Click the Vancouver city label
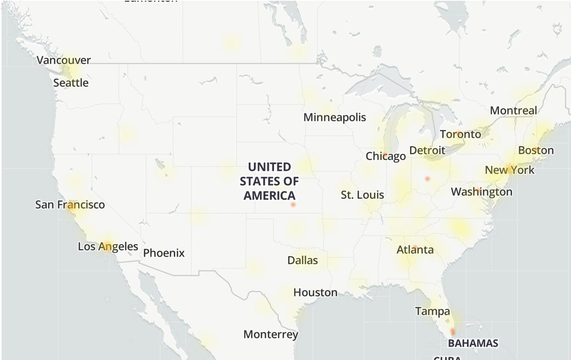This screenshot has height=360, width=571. click(64, 60)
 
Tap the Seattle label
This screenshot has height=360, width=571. click(71, 83)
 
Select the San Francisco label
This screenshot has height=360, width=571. click(70, 205)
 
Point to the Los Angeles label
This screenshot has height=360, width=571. click(108, 247)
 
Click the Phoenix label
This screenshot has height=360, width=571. click(164, 253)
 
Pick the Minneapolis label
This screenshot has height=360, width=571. click(335, 117)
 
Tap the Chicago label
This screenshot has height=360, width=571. click(385, 156)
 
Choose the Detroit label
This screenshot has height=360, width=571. click(427, 151)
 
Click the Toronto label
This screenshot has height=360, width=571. click(460, 134)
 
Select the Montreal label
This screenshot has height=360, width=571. click(513, 110)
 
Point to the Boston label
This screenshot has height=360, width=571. click(536, 150)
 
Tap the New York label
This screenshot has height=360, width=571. click(510, 170)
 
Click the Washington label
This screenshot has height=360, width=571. click(482, 192)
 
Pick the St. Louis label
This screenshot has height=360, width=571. click(363, 195)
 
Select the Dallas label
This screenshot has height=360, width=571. click(303, 260)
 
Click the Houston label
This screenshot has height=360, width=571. click(315, 292)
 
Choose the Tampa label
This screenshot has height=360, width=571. click(432, 311)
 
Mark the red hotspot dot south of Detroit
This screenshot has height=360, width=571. click(427, 179)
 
